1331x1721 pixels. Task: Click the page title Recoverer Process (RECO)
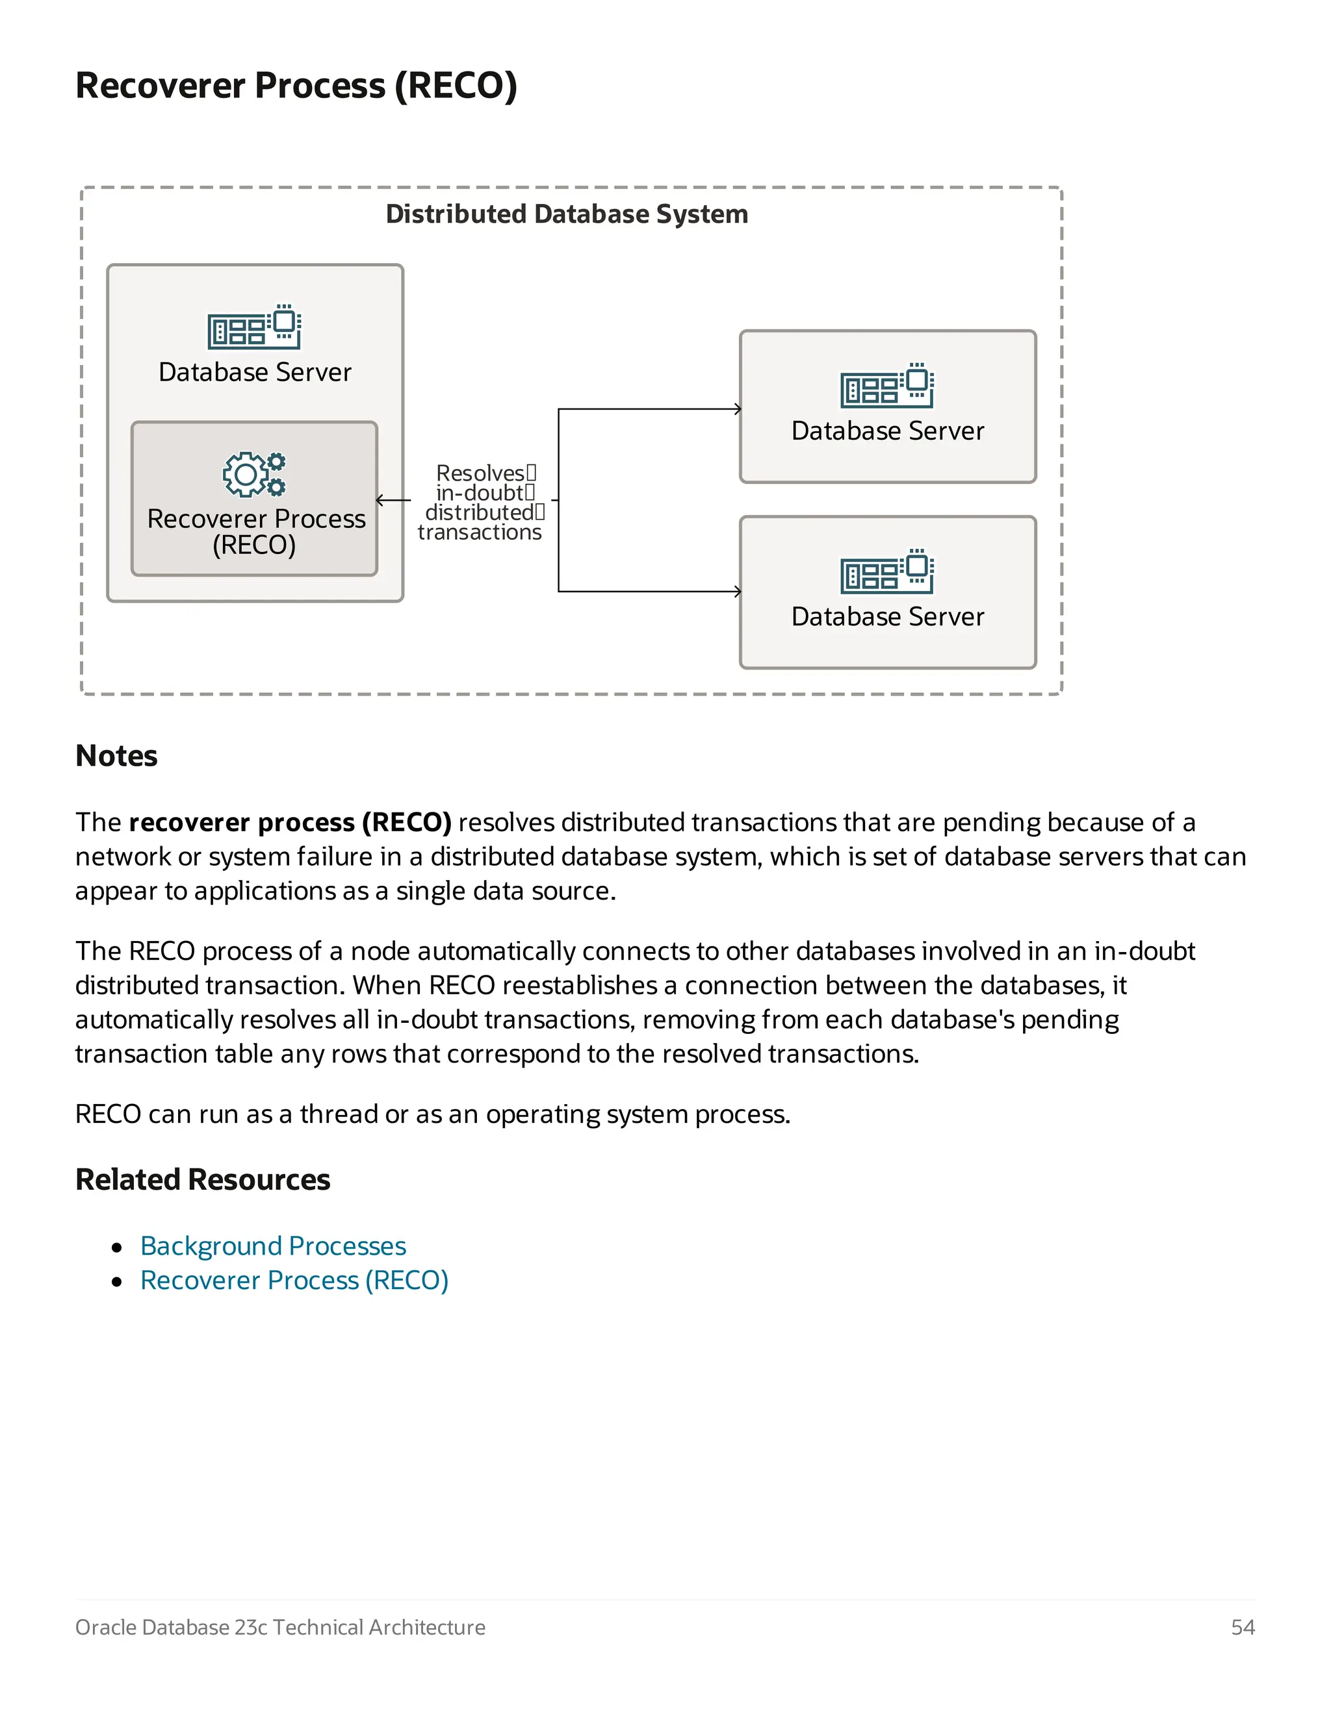[296, 85]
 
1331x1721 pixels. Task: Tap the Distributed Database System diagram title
[566, 214]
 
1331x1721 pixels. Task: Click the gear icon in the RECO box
[253, 473]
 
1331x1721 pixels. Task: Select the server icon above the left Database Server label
[254, 326]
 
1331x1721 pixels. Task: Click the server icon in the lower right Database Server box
[887, 572]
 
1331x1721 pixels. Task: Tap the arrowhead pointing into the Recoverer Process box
[381, 500]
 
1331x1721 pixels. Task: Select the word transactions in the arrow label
[480, 533]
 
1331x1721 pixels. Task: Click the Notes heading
[117, 756]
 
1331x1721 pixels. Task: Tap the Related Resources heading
[203, 1179]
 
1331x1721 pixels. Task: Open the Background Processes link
[273, 1246]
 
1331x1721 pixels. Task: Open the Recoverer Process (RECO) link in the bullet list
[294, 1281]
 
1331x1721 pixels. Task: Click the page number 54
[1243, 1627]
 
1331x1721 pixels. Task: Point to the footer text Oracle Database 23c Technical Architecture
[280, 1627]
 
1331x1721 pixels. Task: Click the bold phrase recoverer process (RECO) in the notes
[290, 823]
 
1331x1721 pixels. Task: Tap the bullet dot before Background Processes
[118, 1248]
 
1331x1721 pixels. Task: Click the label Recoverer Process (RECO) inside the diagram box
[255, 531]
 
